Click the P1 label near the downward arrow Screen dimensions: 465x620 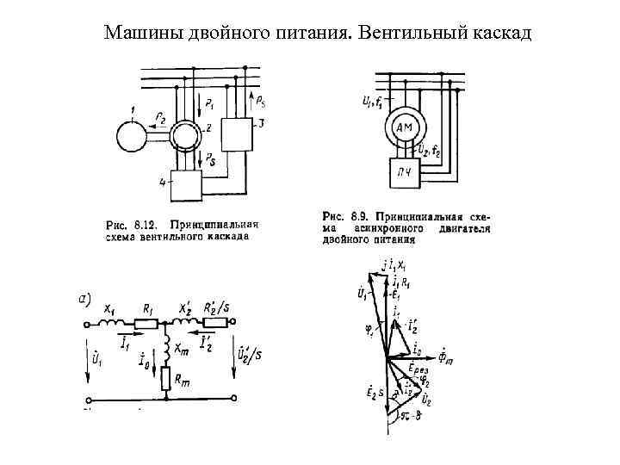[209, 104]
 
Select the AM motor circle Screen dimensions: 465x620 [405, 128]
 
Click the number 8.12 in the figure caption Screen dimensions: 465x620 [143, 222]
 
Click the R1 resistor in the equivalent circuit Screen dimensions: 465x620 [147, 325]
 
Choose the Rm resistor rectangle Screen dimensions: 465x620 [165, 379]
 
